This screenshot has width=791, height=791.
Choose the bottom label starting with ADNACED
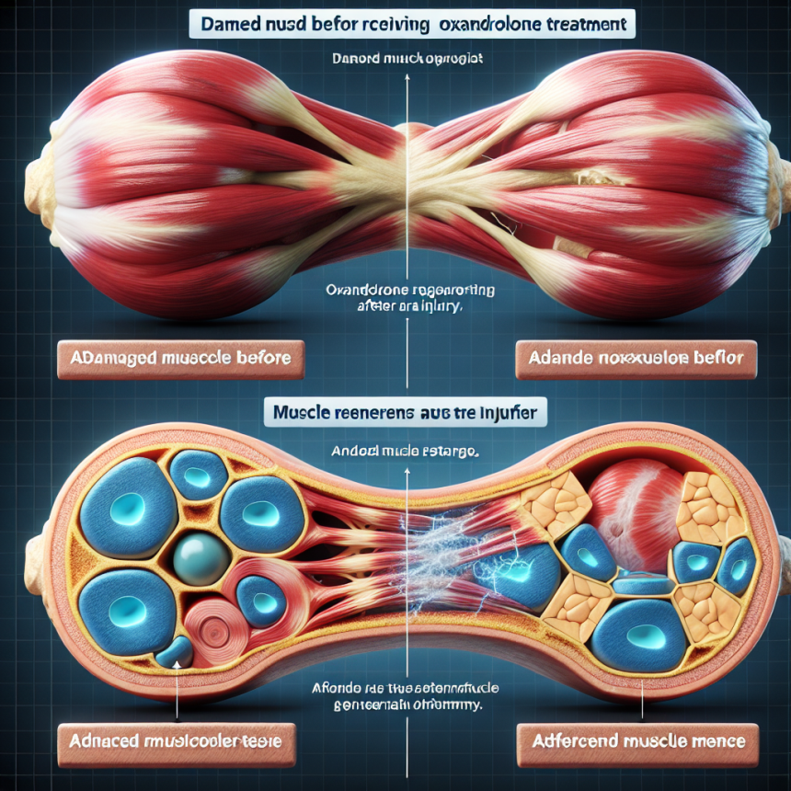[x=177, y=739]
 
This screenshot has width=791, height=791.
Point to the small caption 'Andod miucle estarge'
[x=407, y=453]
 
